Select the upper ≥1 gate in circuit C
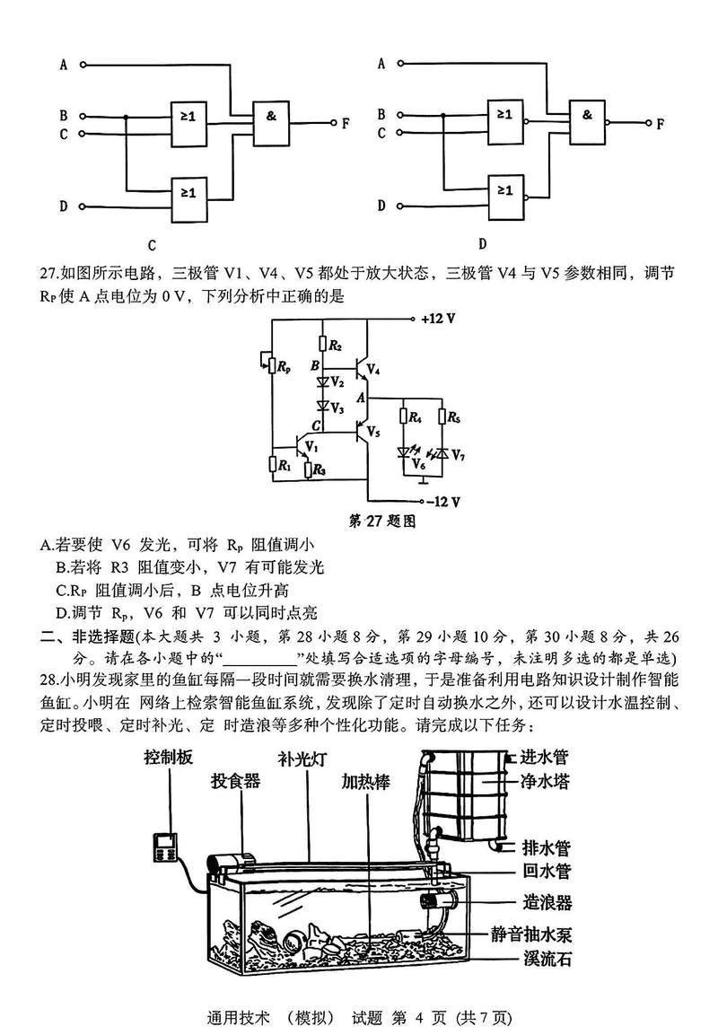(188, 117)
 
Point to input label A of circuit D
(381, 64)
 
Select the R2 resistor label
(335, 345)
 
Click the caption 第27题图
(383, 520)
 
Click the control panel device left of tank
(164, 845)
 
